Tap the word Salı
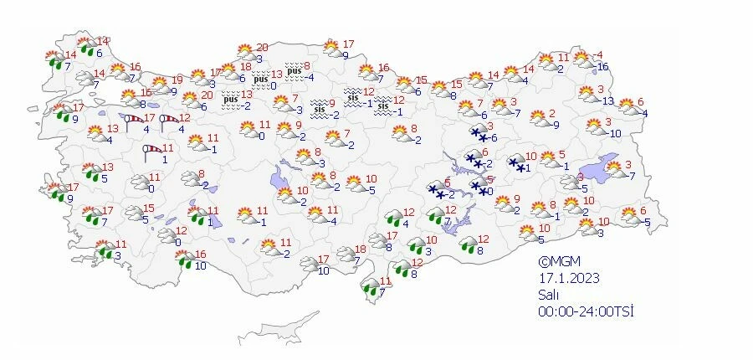pyautogui.click(x=548, y=295)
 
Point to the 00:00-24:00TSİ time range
pyautogui.click(x=585, y=311)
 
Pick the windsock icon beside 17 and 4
pyautogui.click(x=134, y=123)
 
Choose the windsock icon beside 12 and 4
pyautogui.click(x=169, y=123)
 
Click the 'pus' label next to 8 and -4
pyautogui.click(x=294, y=70)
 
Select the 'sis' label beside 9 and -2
pyautogui.click(x=318, y=108)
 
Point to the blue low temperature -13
pyautogui.click(x=608, y=100)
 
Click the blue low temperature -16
pyautogui.click(x=602, y=66)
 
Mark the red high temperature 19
pyautogui.click(x=177, y=80)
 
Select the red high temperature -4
pyautogui.click(x=599, y=55)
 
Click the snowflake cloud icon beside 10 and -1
pyautogui.click(x=516, y=163)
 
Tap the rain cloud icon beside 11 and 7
pyautogui.click(x=370, y=288)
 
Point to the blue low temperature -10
pyautogui.click(x=614, y=133)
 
